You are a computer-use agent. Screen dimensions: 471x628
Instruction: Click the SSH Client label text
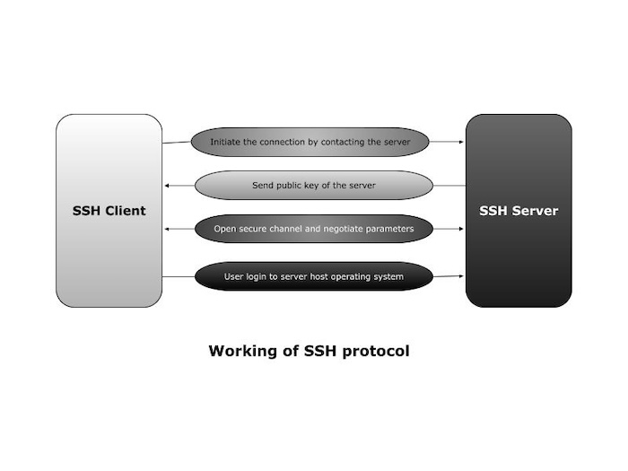click(x=109, y=211)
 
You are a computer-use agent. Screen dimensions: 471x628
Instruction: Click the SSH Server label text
click(x=519, y=211)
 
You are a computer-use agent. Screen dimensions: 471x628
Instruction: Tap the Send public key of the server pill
click(x=313, y=186)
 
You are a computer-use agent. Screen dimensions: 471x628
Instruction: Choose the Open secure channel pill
click(x=313, y=229)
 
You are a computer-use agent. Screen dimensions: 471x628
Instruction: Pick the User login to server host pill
click(x=313, y=276)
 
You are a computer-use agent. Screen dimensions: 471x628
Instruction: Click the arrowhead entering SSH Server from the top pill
click(x=461, y=142)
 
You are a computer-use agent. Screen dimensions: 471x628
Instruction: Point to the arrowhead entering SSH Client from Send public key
click(x=168, y=186)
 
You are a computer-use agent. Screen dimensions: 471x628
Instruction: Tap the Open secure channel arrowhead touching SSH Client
click(x=168, y=229)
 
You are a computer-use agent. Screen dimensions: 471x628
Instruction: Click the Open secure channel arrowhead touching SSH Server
click(x=461, y=229)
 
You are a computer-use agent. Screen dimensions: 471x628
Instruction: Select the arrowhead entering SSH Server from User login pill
click(x=461, y=276)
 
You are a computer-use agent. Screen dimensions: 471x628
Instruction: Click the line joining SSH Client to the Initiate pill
click(x=177, y=143)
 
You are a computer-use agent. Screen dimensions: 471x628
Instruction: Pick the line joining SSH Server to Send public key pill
click(x=449, y=186)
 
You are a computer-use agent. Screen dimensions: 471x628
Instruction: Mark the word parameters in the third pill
click(x=394, y=229)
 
